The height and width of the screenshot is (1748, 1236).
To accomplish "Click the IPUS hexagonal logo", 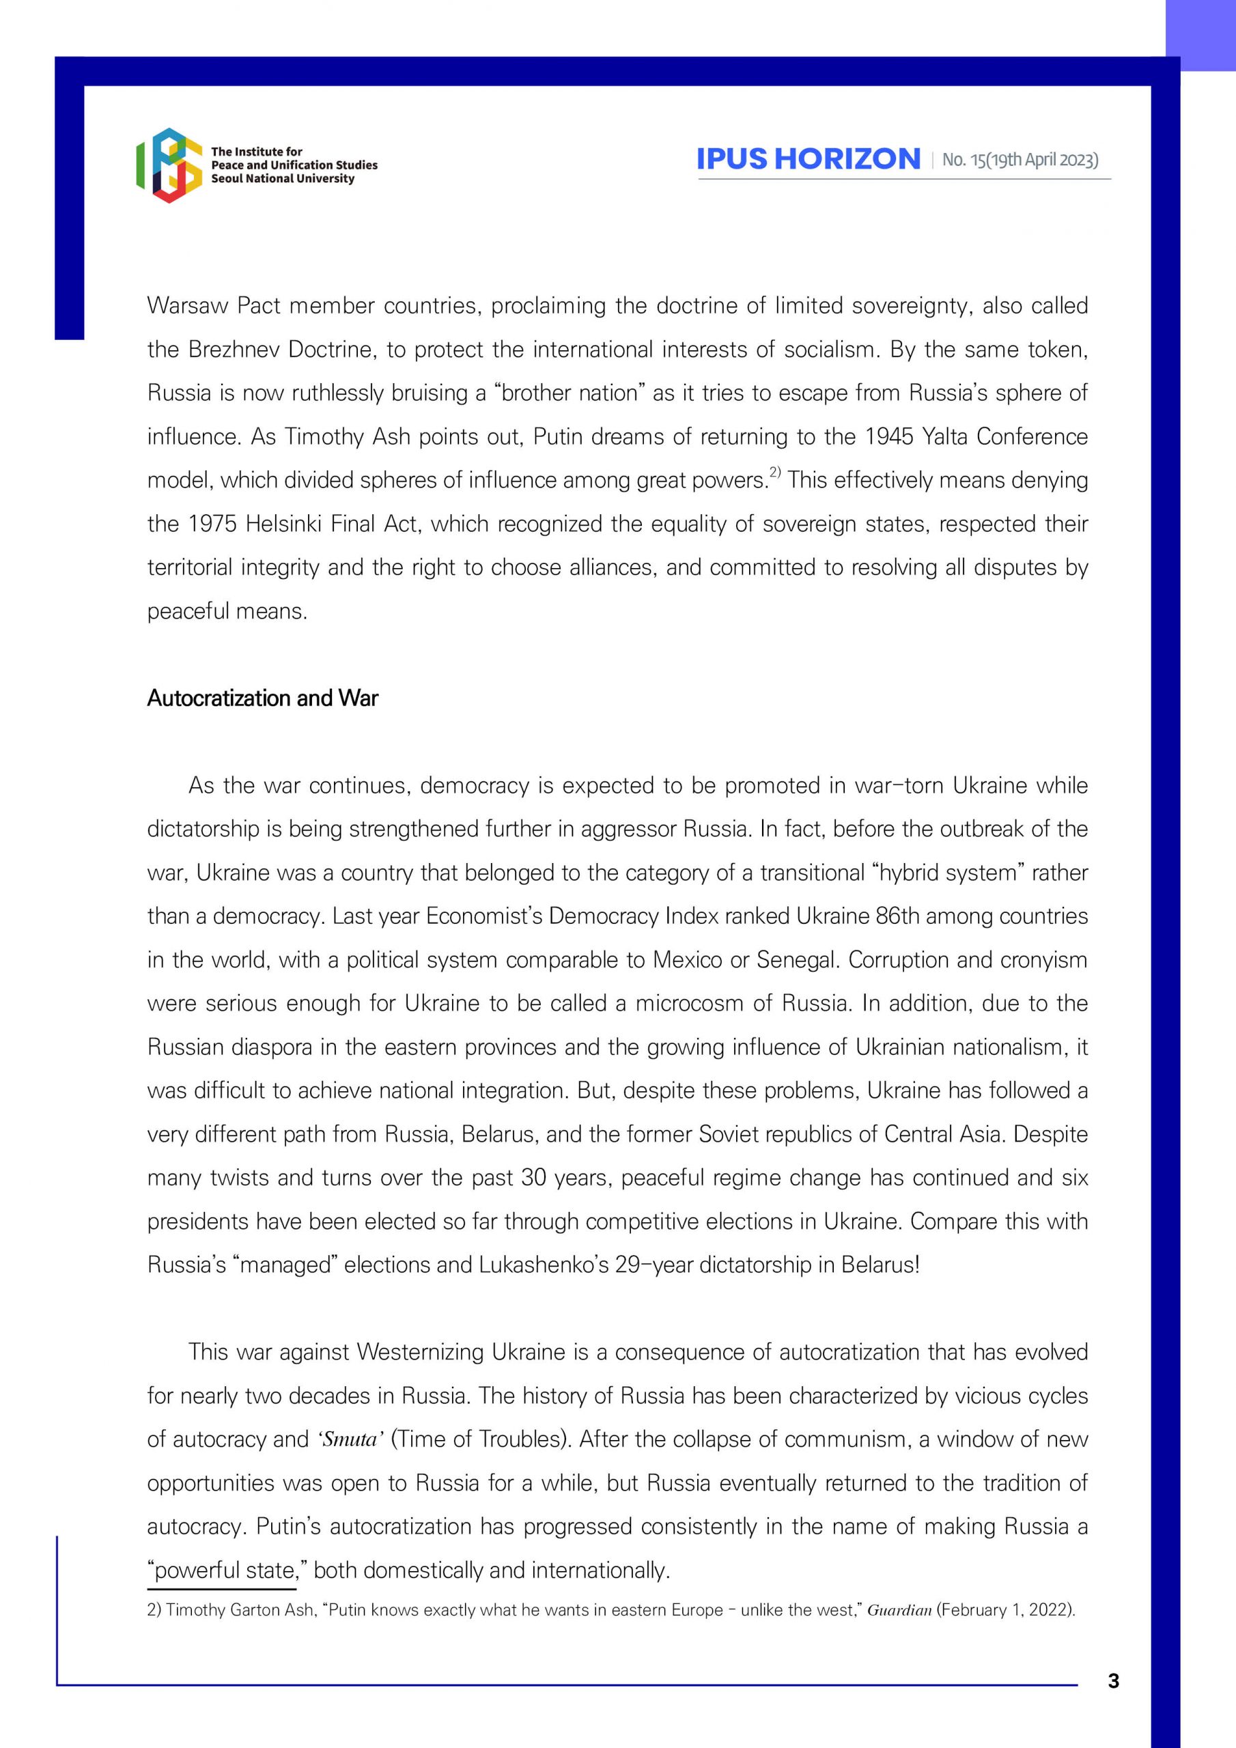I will coord(168,165).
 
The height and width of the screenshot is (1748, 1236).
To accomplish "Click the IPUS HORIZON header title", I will coord(808,158).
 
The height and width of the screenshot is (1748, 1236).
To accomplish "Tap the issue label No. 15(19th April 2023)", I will coord(1020,160).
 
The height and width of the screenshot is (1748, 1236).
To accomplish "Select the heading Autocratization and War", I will coord(262,698).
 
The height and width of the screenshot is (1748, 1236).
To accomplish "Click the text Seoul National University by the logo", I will coord(283,179).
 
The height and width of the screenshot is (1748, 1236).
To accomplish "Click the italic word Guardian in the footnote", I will coord(899,1610).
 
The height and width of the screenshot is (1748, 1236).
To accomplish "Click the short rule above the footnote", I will coord(222,1589).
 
